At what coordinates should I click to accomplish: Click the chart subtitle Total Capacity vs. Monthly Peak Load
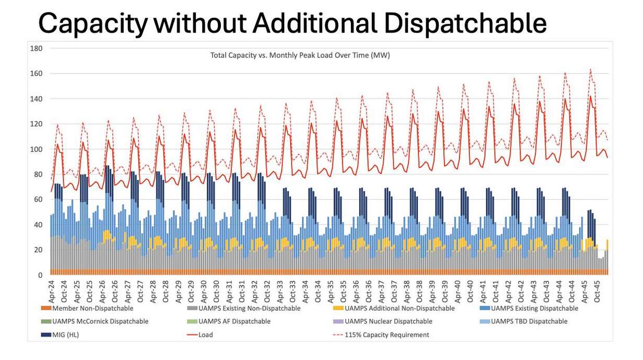[300, 54]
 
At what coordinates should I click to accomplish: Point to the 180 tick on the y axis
[37, 48]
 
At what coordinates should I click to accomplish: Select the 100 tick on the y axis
[37, 149]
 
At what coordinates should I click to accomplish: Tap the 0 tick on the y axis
[40, 275]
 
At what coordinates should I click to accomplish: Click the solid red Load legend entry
[205, 335]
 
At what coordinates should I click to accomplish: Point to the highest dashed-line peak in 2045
[591, 69]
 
